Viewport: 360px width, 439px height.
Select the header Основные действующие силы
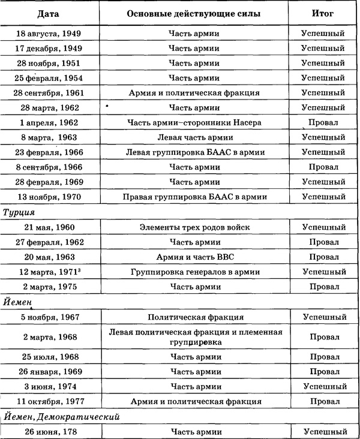193,13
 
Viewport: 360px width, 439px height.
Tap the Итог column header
323,13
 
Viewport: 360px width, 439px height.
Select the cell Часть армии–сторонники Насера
193,122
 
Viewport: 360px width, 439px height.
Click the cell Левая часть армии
193,137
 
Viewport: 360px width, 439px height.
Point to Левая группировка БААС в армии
193,152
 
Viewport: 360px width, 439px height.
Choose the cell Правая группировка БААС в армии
193,197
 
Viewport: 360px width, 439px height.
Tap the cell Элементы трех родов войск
193,227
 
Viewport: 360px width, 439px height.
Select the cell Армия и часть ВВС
193,257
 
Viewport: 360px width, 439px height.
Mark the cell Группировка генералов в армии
193,272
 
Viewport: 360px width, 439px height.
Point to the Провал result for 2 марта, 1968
323,337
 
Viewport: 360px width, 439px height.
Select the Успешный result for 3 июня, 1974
323,387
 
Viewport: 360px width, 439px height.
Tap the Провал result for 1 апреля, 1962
323,122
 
